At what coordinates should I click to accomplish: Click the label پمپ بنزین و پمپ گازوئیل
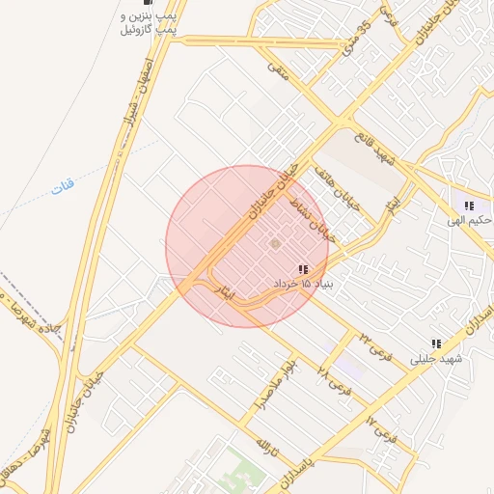[153, 24]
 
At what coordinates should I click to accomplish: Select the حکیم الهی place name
[469, 220]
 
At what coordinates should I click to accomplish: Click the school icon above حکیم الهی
[469, 206]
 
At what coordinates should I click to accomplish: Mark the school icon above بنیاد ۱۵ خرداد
[303, 270]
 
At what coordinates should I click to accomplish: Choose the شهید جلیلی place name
[437, 358]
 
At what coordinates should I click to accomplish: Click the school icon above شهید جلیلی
[436, 343]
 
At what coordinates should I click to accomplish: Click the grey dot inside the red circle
[274, 242]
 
